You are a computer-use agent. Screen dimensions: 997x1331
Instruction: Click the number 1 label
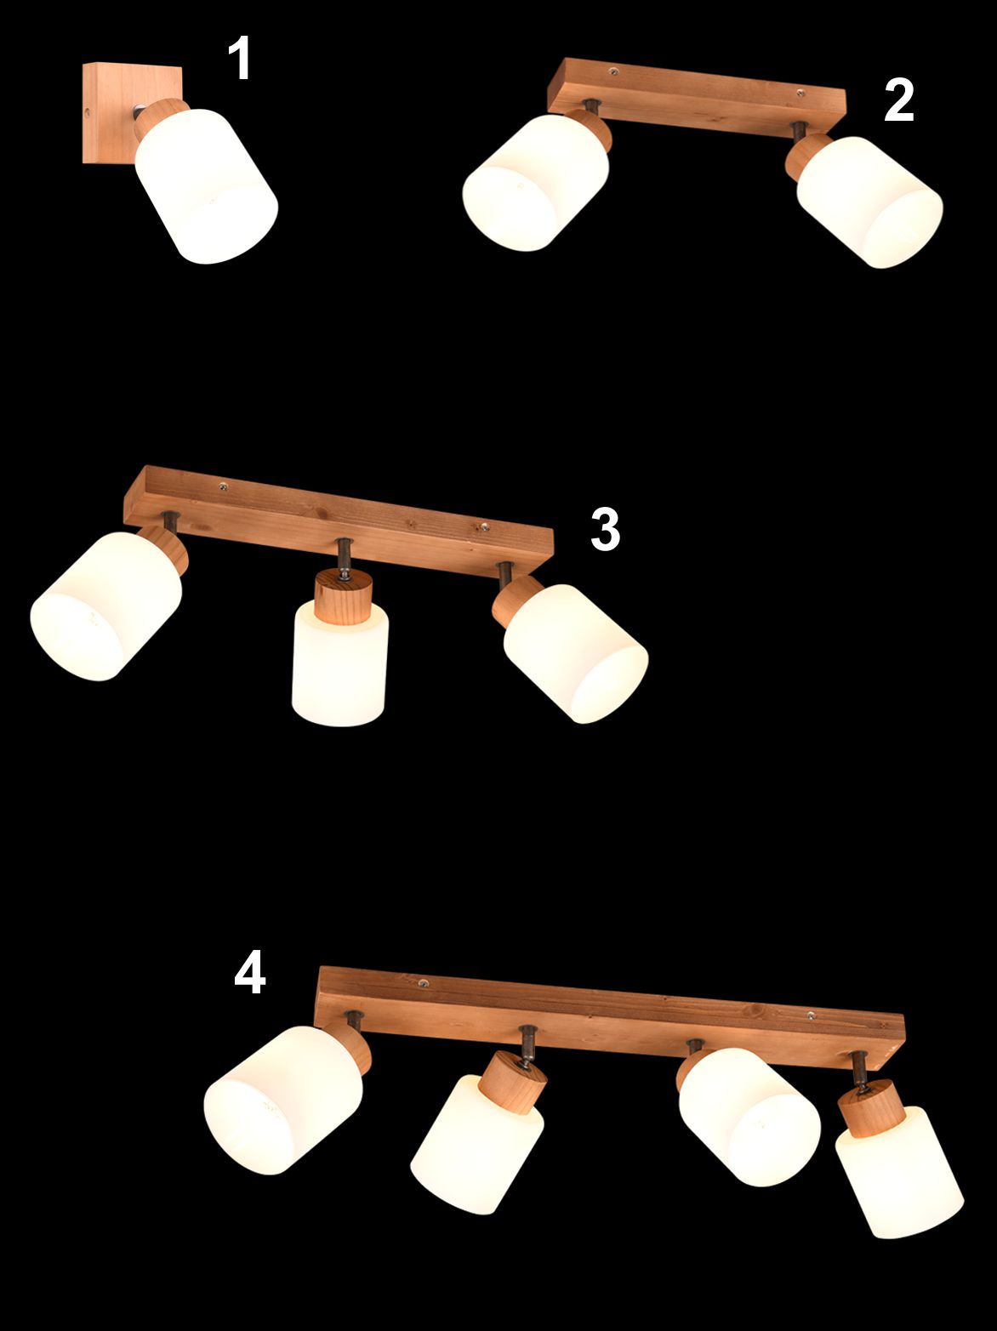point(240,57)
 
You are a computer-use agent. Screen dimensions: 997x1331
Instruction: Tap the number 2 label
point(899,100)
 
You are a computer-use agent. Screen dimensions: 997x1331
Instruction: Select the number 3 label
point(605,529)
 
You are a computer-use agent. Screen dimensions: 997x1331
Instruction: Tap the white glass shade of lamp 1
point(206,187)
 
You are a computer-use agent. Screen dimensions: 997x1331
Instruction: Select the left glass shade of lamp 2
point(535,182)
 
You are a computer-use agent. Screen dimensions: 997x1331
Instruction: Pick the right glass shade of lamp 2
point(869,202)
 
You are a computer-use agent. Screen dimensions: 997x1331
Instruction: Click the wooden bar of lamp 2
point(696,95)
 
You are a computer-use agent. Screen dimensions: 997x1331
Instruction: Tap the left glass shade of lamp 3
point(106,606)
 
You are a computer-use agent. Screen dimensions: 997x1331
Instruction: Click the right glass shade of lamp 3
point(576,654)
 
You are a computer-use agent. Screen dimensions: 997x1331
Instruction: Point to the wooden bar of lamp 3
point(339,520)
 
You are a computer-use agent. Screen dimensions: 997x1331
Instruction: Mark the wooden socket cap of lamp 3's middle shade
point(343,597)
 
